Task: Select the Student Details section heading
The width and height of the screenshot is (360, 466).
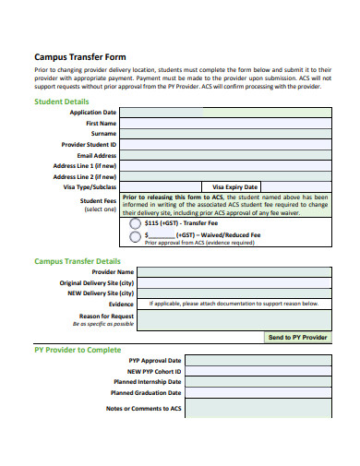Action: point(62,101)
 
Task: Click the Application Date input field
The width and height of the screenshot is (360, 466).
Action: point(225,112)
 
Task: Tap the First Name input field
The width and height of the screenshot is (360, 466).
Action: point(225,123)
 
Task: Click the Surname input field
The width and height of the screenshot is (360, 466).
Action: point(225,134)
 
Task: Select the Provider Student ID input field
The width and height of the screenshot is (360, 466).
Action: point(225,145)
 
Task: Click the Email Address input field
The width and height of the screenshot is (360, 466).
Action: point(225,156)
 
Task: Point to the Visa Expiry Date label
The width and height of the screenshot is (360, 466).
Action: point(235,186)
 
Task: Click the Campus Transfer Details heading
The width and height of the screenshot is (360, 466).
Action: point(78,261)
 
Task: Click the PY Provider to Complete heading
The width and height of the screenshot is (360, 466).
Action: point(77,350)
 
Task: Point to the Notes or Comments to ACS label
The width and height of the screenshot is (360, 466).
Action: point(143,408)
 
